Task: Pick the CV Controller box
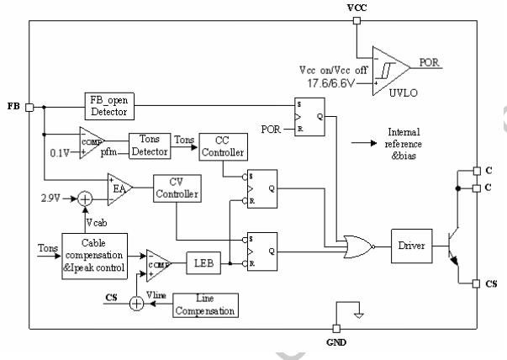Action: pos(176,189)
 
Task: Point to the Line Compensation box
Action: pos(204,304)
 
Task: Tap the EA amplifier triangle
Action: pos(119,187)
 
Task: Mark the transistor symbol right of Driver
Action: pos(454,246)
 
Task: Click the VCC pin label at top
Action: pos(356,8)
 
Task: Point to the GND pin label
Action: pos(335,342)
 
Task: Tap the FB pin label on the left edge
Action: pos(13,108)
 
